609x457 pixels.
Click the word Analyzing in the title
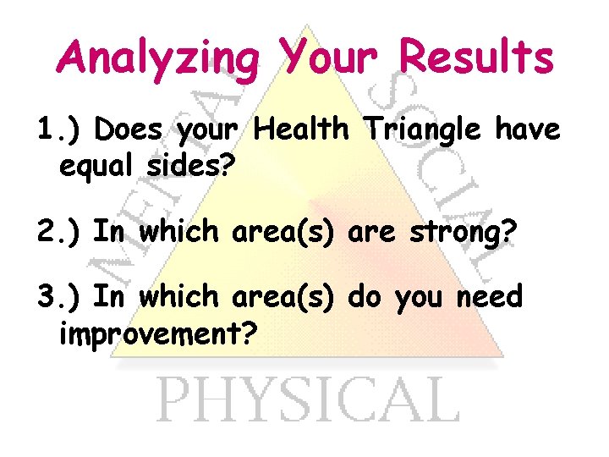click(159, 59)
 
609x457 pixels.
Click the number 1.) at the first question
click(60, 130)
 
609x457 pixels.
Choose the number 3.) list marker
click(60, 297)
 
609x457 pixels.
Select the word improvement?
click(157, 333)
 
